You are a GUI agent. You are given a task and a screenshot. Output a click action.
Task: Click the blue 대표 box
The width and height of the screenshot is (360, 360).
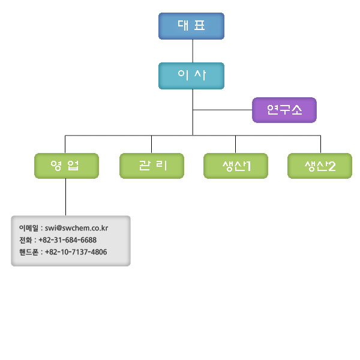pyautogui.click(x=191, y=26)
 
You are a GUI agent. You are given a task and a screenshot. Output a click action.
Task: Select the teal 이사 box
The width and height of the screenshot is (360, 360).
pyautogui.click(x=191, y=76)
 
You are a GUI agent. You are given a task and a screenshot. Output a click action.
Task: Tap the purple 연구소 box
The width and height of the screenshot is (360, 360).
pyautogui.click(x=284, y=110)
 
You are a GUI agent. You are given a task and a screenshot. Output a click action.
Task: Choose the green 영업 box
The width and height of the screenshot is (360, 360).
pyautogui.click(x=66, y=166)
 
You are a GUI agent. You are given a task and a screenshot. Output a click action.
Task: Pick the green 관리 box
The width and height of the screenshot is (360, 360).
pyautogui.click(x=152, y=166)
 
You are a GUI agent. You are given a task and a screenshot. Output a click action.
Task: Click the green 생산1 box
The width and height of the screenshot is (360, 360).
pyautogui.click(x=236, y=166)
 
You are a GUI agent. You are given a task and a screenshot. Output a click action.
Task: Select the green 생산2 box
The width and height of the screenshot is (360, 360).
pyautogui.click(x=320, y=166)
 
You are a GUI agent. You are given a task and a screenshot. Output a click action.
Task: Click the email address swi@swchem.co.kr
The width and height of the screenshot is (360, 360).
pyautogui.click(x=76, y=228)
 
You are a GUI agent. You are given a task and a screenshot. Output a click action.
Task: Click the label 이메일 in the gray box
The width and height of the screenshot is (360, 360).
pyautogui.click(x=29, y=228)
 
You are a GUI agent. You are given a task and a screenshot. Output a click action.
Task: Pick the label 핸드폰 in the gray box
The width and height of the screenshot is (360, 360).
pyautogui.click(x=29, y=252)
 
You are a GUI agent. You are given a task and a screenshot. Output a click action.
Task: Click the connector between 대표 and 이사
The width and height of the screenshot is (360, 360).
pyautogui.click(x=192, y=51)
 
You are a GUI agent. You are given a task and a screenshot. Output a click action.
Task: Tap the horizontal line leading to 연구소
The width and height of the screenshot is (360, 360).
pyautogui.click(x=222, y=110)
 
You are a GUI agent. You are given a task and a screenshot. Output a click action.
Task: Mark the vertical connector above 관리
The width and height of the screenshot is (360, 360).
pyautogui.click(x=151, y=144)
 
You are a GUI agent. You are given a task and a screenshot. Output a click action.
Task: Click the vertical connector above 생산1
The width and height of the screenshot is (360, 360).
pyautogui.click(x=235, y=144)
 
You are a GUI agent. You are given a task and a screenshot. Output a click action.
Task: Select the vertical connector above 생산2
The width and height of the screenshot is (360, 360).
pyautogui.click(x=320, y=144)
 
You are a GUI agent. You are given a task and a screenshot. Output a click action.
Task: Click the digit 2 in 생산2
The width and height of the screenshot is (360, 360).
pyautogui.click(x=332, y=166)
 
